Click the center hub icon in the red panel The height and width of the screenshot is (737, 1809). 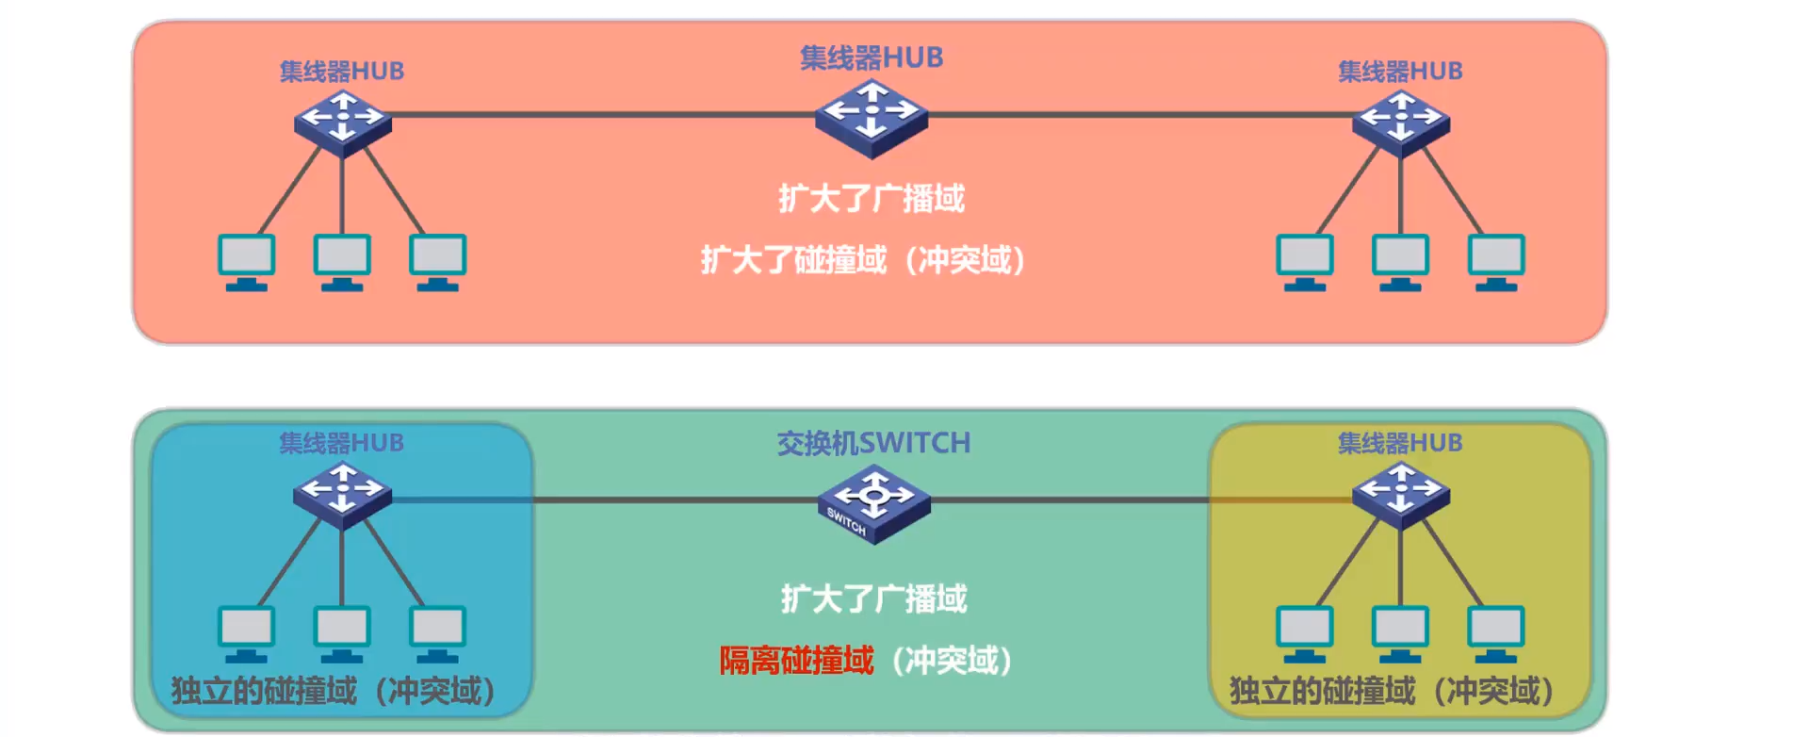872,117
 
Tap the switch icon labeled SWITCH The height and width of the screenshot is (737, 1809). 873,503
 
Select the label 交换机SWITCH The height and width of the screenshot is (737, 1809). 873,443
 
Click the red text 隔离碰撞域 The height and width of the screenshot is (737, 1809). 796,661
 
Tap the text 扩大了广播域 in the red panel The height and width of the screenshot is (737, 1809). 872,199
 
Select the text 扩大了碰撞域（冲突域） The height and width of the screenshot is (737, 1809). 863,260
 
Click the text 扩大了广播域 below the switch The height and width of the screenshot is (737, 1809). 873,599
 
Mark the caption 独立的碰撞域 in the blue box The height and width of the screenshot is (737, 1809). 264,692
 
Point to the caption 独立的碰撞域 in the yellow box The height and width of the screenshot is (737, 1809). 1322,692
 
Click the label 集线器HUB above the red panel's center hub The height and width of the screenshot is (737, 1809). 872,57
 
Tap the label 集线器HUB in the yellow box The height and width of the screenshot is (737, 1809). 1400,443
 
